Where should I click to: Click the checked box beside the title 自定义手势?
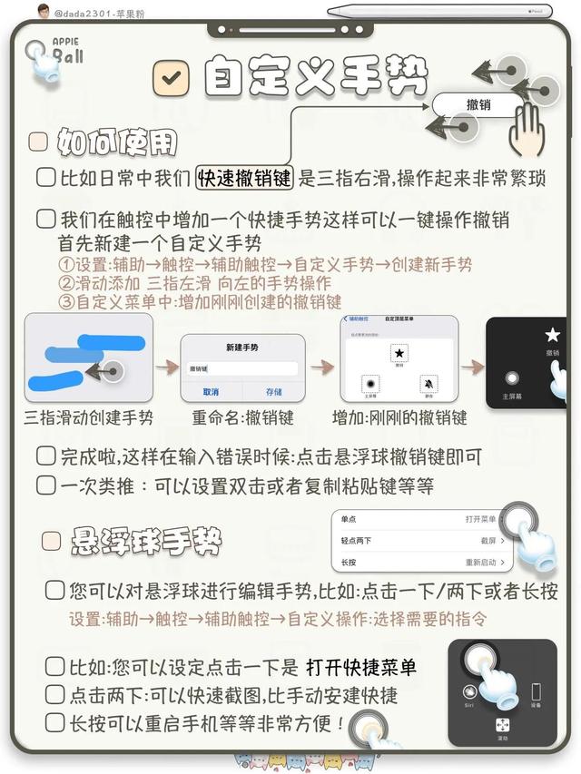point(170,78)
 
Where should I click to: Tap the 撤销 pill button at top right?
point(478,104)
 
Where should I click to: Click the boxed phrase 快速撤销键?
point(245,178)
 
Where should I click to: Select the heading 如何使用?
point(117,142)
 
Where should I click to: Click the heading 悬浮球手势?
point(146,542)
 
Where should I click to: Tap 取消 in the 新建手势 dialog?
point(211,392)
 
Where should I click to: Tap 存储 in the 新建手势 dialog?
point(273,392)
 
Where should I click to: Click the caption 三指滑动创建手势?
point(88,418)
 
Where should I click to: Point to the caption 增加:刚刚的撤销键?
point(399,418)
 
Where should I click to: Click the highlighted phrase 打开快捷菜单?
point(361,668)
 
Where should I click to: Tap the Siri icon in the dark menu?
point(470,693)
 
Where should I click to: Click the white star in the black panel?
point(552,335)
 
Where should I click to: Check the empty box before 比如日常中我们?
point(45,178)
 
